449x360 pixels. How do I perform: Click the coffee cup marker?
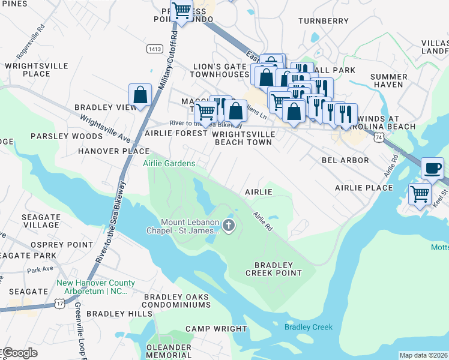click(432, 167)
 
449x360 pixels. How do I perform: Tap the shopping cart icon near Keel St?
click(420, 194)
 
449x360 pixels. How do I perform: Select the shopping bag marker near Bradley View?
click(140, 95)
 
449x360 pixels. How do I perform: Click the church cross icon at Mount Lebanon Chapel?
click(228, 226)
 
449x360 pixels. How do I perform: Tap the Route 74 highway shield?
click(378, 137)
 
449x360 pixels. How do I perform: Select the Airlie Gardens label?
click(169, 163)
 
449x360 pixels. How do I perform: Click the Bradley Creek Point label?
click(273, 268)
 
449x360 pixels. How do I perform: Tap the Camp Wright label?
click(207, 328)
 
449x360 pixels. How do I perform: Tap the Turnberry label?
click(323, 21)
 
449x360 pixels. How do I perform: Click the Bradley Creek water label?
click(308, 327)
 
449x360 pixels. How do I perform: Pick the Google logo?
click(19, 353)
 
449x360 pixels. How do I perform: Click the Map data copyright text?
click(423, 355)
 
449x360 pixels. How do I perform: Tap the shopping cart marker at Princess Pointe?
click(181, 10)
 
